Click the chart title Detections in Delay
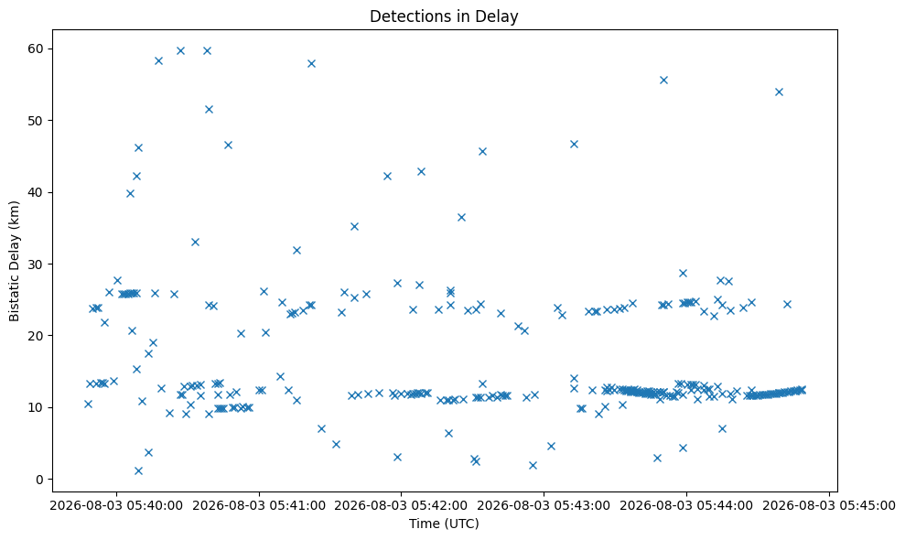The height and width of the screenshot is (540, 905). [444, 16]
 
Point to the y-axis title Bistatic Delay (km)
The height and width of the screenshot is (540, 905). [14, 261]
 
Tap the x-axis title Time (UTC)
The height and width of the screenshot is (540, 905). [444, 524]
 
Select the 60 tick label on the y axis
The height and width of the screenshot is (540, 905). [36, 49]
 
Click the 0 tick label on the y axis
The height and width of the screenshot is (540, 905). [40, 480]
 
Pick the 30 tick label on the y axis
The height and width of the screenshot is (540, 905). [36, 264]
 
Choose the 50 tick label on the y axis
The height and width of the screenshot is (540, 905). [36, 120]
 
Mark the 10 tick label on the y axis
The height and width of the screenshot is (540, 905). [36, 407]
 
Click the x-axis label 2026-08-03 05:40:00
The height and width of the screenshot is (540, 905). [116, 506]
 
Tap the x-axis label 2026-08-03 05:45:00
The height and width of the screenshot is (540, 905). [829, 506]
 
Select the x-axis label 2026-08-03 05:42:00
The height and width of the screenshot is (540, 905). [401, 506]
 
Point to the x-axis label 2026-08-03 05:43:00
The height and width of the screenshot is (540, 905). [544, 506]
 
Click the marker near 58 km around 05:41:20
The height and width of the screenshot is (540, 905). [311, 63]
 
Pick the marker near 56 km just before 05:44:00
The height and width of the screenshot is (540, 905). [663, 81]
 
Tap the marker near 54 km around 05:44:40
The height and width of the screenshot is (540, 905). [779, 92]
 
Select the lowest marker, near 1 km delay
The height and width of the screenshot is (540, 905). [138, 470]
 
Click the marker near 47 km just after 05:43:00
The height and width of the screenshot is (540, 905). [574, 145]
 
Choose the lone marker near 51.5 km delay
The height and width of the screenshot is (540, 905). [209, 109]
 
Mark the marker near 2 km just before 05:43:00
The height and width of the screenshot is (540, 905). [533, 466]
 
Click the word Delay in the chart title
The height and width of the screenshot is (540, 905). [501, 16]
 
